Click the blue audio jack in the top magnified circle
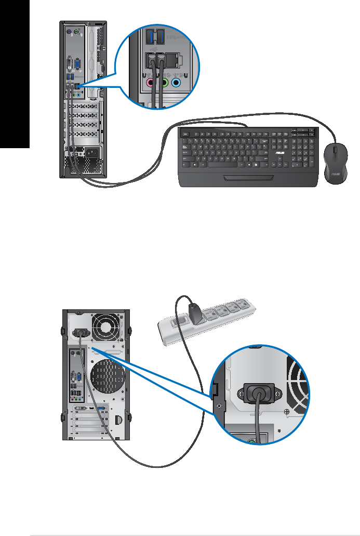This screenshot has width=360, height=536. tap(177, 83)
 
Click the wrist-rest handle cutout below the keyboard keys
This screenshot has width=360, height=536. tap(249, 178)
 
